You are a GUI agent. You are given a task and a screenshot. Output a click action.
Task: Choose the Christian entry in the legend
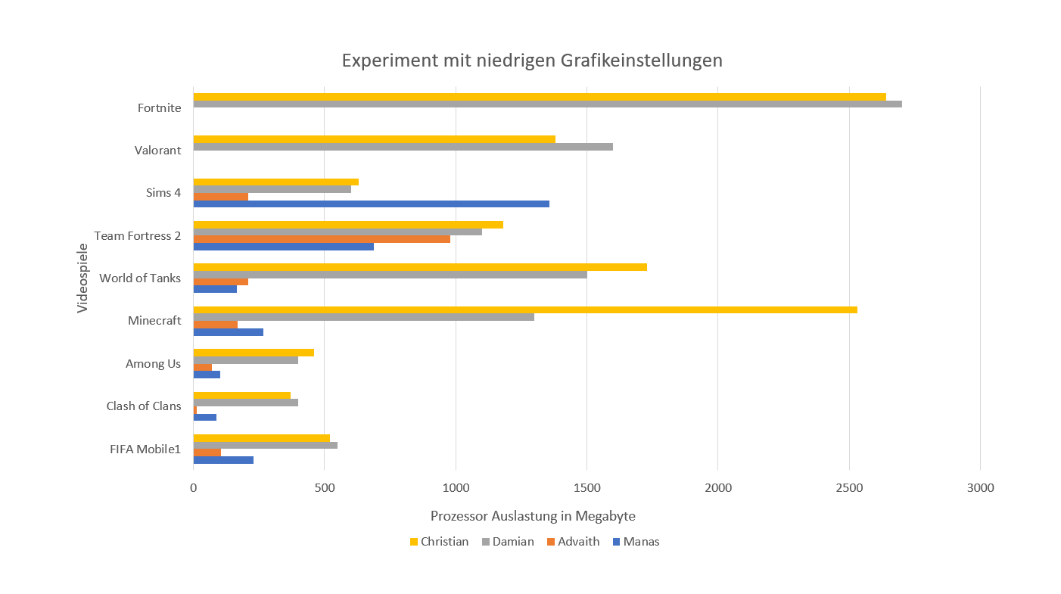point(438,542)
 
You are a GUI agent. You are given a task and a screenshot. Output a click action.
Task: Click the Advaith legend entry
point(572,542)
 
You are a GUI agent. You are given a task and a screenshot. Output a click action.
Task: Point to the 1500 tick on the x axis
point(587,488)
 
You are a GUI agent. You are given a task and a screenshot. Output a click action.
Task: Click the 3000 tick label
point(980,488)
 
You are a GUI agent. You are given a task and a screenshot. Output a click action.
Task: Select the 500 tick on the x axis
point(325,488)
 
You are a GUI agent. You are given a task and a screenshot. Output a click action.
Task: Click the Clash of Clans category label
point(144,406)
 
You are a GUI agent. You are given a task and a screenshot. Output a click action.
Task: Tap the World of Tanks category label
point(140,278)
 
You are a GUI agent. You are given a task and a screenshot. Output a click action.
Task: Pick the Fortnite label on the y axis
point(160,108)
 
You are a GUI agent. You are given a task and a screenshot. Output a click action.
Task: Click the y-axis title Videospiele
point(82,278)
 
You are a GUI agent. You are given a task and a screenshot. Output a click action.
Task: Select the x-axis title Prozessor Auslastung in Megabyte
point(533,516)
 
